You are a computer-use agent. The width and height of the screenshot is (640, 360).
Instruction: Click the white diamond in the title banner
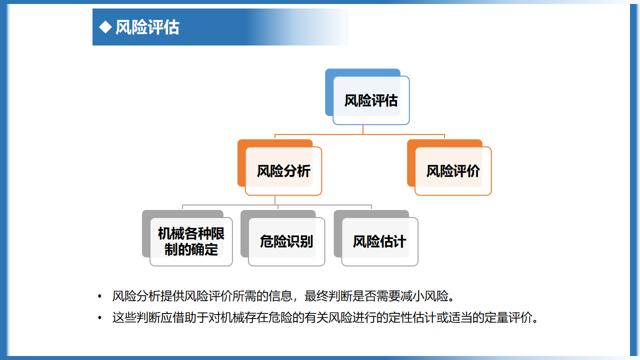(105, 27)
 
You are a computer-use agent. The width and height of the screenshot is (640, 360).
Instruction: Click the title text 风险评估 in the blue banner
(147, 27)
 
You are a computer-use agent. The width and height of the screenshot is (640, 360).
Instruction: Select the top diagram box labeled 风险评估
(367, 96)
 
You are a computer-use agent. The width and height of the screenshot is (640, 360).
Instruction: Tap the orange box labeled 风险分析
(279, 167)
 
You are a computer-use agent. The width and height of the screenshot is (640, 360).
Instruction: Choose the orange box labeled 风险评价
(449, 167)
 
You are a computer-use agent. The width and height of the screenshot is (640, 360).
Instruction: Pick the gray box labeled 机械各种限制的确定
(187, 238)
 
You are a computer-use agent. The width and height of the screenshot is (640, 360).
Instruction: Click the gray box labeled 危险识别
(283, 238)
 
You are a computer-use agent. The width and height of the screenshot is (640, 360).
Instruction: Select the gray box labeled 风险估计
(376, 238)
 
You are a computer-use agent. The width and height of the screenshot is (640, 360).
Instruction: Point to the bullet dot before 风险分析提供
(99, 296)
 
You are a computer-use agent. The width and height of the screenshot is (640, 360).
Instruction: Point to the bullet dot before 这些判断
(99, 317)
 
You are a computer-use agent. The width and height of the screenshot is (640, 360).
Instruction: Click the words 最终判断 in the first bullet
(328, 296)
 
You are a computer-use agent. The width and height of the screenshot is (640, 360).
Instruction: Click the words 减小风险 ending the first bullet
(424, 296)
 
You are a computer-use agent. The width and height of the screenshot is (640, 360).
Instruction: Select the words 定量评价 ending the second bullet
(508, 317)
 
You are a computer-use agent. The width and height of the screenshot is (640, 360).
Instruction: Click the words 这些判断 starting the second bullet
(136, 317)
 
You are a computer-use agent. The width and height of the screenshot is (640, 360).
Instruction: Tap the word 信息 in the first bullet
(280, 296)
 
